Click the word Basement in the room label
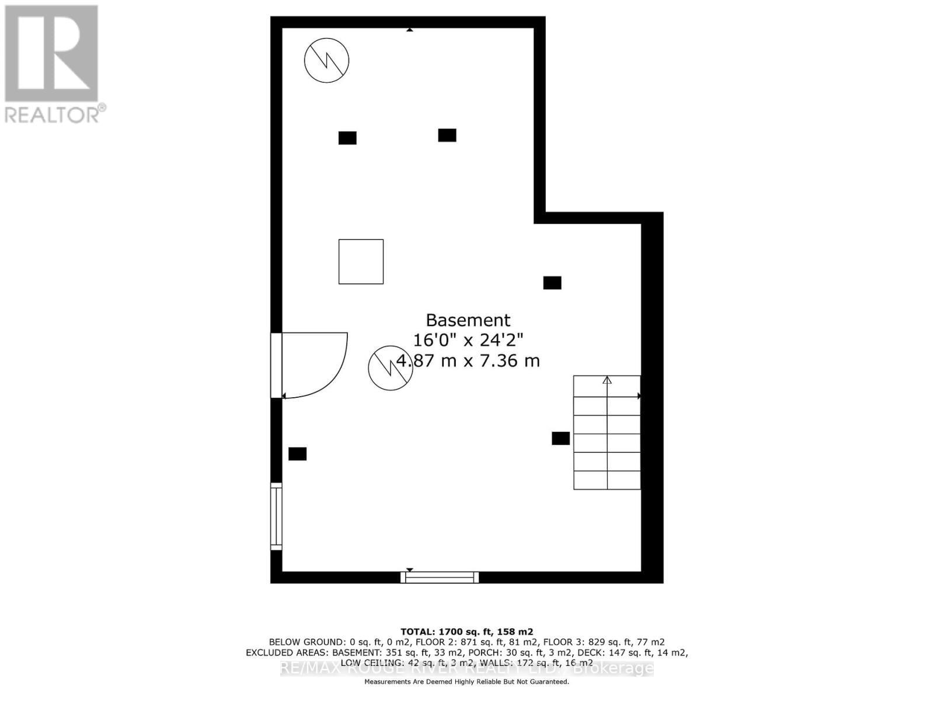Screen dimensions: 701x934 coord(468,320)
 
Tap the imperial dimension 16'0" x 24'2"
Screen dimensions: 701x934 coord(468,340)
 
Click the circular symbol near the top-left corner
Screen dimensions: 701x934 coord(326,60)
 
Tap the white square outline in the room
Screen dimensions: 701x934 coord(361,262)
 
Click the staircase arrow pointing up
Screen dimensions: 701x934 coord(607,381)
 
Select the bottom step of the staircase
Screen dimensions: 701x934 coord(607,480)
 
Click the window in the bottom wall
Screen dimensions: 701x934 coord(440,577)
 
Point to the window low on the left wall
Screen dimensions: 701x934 coord(276,516)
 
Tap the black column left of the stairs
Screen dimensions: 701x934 coord(560,438)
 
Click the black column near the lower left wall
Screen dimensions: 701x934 coord(297,454)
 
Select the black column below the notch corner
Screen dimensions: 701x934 coord(552,283)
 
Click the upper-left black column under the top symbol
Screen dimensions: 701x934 coord(347,138)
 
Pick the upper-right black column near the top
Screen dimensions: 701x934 coord(447,135)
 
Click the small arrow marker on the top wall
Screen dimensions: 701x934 coord(410,29)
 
